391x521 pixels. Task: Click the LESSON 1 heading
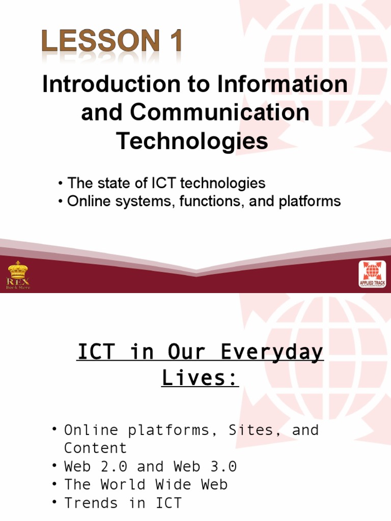coord(112,41)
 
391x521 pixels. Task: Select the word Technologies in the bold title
coord(192,140)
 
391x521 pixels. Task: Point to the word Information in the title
coord(283,84)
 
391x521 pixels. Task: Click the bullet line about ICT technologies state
coord(162,183)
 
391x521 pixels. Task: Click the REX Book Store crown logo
coord(18,275)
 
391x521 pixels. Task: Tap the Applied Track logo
coord(372,275)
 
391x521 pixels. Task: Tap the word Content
coord(95,448)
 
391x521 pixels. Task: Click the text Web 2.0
coord(95,467)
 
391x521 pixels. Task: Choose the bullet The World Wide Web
coord(146,485)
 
